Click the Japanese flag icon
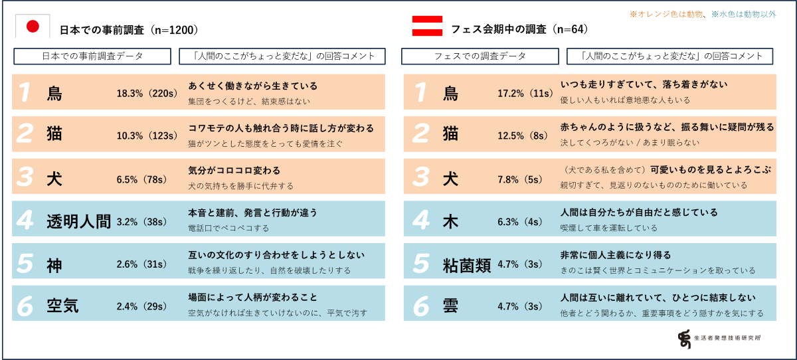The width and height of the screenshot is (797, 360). [33, 27]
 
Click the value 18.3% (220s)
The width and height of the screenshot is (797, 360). [146, 94]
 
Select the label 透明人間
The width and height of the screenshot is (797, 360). [78, 221]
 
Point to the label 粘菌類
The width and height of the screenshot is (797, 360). [467, 264]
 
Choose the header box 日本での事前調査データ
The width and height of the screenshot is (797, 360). [92, 56]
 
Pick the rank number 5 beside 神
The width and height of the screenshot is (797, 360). [25, 264]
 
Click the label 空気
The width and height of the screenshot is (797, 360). [62, 306]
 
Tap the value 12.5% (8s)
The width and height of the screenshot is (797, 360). [525, 136]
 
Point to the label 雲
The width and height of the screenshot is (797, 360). [451, 306]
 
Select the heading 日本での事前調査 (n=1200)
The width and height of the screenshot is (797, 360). [129, 29]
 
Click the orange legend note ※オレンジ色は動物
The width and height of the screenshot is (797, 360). [666, 13]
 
